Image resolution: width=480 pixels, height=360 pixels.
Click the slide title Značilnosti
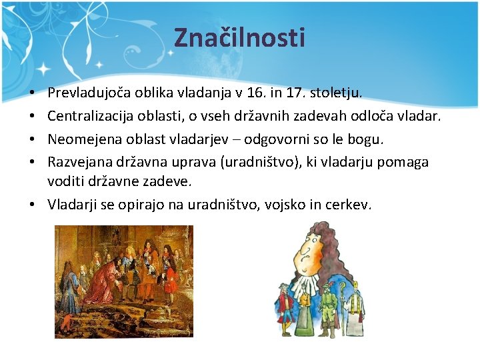(x=239, y=37)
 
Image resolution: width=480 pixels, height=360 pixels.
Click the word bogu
(x=369, y=139)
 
